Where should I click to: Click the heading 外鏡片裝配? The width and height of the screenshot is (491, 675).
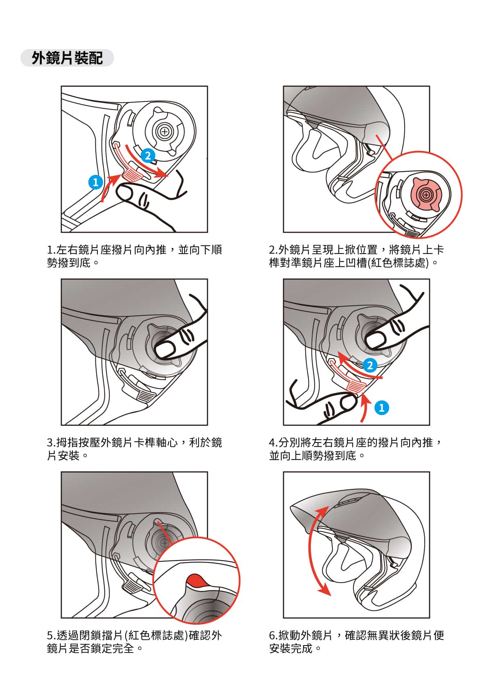67,58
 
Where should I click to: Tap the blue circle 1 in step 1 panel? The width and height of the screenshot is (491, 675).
96,182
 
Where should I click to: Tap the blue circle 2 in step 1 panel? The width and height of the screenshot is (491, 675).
148,156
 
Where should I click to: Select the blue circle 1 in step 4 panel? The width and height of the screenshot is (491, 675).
382,408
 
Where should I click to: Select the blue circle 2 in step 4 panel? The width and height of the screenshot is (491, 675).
370,365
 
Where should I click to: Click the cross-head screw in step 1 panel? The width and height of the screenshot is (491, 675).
164,132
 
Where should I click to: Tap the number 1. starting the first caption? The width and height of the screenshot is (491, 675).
51,250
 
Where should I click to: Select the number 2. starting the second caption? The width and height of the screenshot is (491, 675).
273,250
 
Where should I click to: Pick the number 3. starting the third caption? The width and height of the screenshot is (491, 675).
51,443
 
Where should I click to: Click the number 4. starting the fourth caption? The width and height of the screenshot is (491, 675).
273,443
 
